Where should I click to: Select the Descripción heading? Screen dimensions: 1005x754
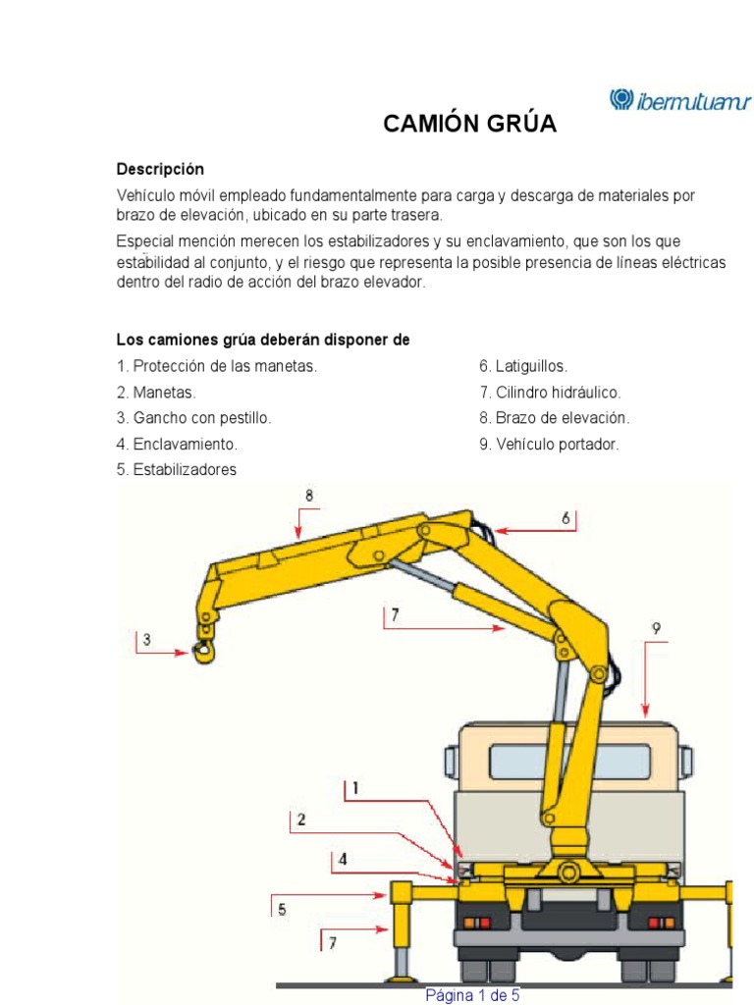coord(160,169)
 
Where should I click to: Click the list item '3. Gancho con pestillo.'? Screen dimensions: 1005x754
coord(193,418)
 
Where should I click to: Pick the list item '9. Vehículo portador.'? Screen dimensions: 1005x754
coord(549,445)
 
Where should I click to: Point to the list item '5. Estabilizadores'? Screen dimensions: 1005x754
coord(177,470)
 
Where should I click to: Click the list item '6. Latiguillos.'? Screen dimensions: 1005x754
coord(523,366)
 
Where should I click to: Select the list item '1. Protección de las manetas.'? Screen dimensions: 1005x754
coord(217,366)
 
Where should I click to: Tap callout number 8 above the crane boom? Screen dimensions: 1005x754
coord(309,497)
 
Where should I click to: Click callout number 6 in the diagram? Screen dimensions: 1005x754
coord(565,517)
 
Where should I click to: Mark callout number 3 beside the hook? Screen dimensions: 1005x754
coord(146,641)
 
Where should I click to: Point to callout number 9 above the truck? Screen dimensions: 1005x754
coord(656,629)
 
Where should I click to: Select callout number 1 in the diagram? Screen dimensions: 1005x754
coord(354,788)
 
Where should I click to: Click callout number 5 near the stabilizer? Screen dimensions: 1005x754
coord(282,910)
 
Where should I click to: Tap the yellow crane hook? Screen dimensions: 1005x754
coord(205,651)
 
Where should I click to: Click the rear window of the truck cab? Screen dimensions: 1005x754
coord(569,763)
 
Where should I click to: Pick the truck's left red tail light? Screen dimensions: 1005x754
coord(477,924)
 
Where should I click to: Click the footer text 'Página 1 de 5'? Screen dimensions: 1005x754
coord(472,995)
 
